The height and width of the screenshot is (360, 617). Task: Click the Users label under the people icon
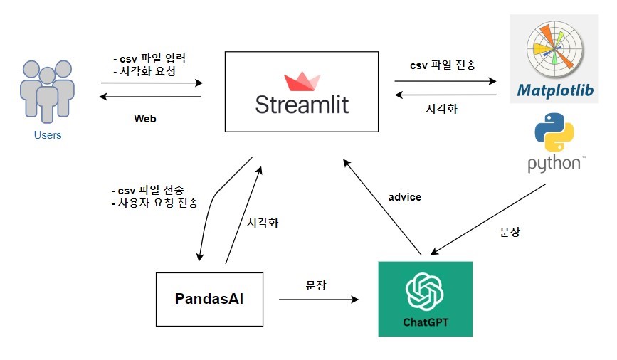(47, 135)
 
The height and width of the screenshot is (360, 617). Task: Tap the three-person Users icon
(47, 90)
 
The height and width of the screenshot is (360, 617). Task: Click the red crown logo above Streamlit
(302, 80)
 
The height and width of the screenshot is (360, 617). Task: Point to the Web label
(144, 119)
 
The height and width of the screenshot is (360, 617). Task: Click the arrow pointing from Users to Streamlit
(151, 83)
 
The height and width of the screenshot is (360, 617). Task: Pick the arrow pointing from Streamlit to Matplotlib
(445, 80)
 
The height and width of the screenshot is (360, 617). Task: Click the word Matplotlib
(553, 90)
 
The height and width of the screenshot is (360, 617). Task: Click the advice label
(405, 197)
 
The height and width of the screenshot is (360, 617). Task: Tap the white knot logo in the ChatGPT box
(425, 290)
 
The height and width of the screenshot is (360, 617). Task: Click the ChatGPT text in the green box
(426, 322)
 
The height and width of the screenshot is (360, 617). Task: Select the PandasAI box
(209, 299)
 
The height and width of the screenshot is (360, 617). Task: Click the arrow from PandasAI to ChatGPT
(318, 300)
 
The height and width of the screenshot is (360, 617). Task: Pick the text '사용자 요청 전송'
(159, 203)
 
